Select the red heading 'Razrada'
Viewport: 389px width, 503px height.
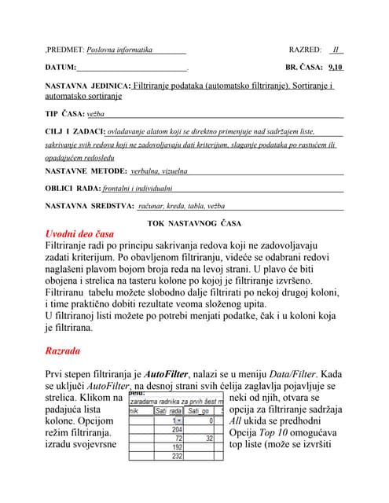click(69, 350)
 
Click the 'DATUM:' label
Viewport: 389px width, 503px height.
click(61, 68)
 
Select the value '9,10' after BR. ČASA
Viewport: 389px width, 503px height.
click(336, 68)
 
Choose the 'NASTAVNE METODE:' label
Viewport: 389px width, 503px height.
click(86, 171)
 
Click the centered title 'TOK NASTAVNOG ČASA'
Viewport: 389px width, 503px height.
click(194, 223)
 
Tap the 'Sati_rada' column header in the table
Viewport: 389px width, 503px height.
click(169, 410)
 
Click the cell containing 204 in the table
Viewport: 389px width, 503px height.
click(176, 430)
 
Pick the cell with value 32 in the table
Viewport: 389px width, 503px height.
click(208, 439)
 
